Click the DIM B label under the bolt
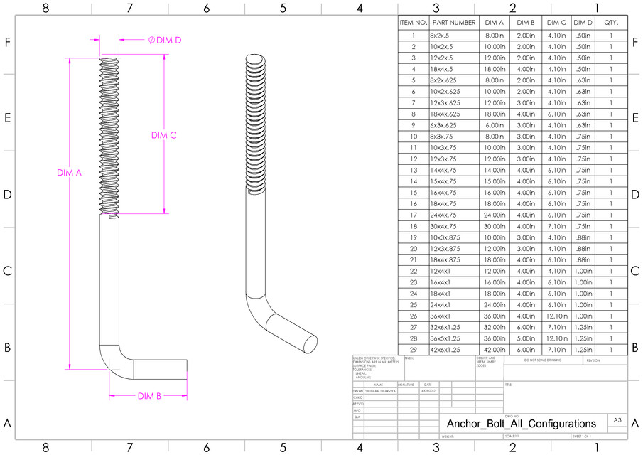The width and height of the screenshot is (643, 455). tap(149, 395)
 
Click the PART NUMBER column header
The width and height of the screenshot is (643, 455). tap(453, 23)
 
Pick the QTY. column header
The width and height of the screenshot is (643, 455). tap(611, 23)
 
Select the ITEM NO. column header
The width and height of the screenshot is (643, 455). tap(413, 23)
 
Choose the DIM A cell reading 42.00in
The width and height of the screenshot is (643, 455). tap(493, 350)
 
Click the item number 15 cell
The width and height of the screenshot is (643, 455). tap(413, 193)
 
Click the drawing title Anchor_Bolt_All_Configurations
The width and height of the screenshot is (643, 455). tap(521, 423)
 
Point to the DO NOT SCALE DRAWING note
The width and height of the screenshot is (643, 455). tap(542, 360)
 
